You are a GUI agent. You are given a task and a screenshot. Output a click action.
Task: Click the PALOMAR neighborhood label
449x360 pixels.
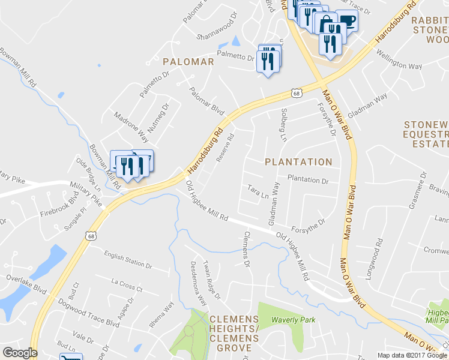coord(188,62)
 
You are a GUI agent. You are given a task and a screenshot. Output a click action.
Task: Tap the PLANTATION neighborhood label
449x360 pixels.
coord(298,162)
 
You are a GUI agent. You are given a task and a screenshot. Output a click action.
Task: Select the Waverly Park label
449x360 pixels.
coord(293,320)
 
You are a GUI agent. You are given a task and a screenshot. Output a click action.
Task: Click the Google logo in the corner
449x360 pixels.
coord(19,353)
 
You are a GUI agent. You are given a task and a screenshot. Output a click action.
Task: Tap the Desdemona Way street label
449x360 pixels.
coord(199,283)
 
